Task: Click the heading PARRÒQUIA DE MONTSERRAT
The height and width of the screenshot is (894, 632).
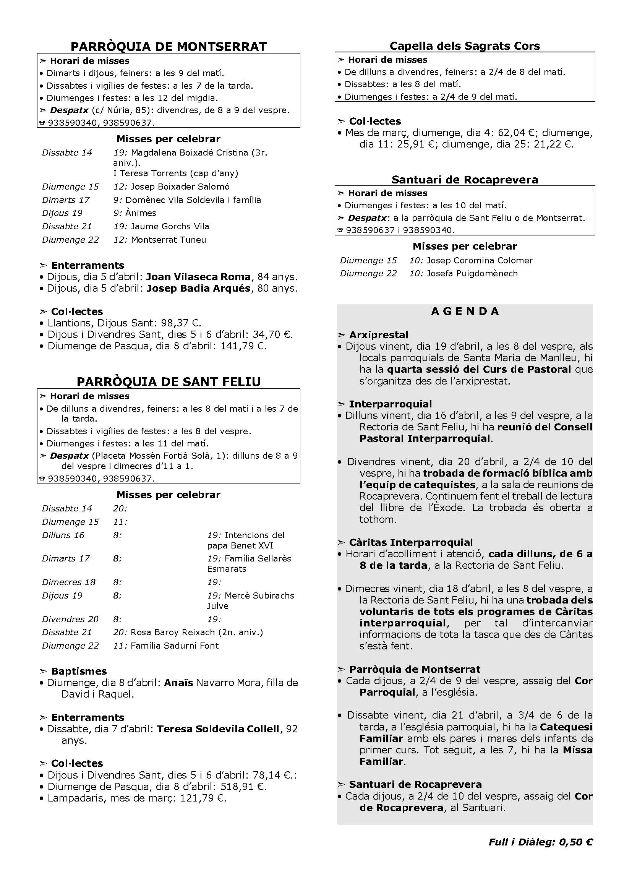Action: [169, 46]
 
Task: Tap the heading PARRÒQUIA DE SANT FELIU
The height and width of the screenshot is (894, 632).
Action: [169, 381]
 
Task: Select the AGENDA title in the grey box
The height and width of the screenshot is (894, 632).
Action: [465, 311]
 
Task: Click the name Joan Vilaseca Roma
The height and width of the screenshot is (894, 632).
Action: [198, 277]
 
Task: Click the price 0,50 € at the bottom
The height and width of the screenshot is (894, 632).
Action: [576, 842]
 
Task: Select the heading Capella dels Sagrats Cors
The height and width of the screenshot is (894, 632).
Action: [465, 46]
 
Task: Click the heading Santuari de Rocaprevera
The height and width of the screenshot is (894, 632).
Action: [465, 180]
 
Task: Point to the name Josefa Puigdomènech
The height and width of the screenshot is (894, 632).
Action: [472, 273]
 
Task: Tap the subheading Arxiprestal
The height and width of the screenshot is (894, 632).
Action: [379, 335]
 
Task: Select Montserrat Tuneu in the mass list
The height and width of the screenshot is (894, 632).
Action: [168, 240]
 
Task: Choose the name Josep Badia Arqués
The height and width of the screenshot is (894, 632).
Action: [198, 288]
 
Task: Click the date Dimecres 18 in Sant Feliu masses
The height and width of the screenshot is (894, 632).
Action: [69, 582]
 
